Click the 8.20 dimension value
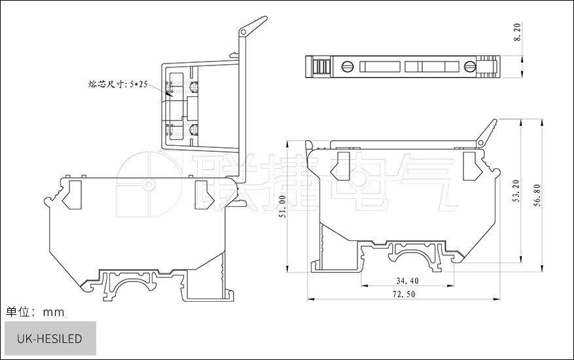[517, 32]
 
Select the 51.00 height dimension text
[282, 207]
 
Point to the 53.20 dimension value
[516, 191]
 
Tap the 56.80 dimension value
[537, 195]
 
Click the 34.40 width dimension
[407, 281]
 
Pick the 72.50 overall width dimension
[404, 294]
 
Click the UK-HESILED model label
[50, 339]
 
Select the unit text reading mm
[54, 312]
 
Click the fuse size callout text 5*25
[138, 84]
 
